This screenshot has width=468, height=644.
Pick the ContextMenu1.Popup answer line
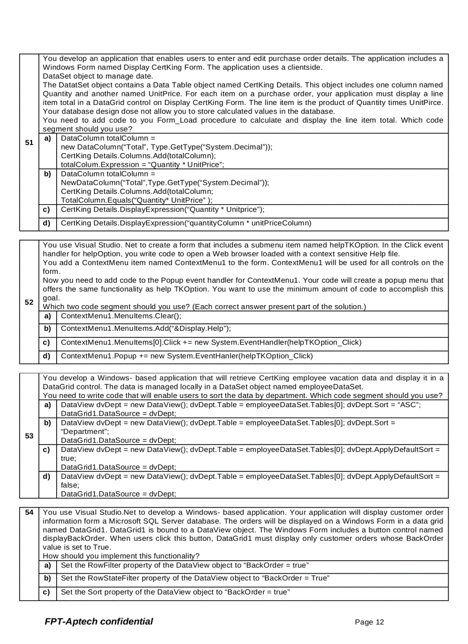coord(186,356)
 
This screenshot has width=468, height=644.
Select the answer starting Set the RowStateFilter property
coord(194,577)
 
